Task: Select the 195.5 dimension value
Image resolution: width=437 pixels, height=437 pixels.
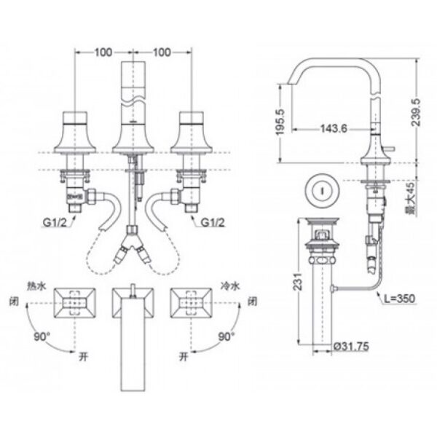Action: (280, 122)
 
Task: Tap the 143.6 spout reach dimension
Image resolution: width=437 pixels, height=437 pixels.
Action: (334, 128)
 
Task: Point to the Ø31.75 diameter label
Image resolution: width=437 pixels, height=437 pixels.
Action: (351, 347)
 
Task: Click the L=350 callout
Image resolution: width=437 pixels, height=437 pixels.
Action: (400, 299)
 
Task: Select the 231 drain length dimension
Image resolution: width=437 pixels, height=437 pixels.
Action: (298, 281)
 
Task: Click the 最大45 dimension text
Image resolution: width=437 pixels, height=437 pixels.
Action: (410, 198)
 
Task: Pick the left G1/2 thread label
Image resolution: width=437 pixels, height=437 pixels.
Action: (55, 223)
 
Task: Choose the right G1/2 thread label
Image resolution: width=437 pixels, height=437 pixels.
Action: (213, 223)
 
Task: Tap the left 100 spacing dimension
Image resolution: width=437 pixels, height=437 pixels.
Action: (103, 52)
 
